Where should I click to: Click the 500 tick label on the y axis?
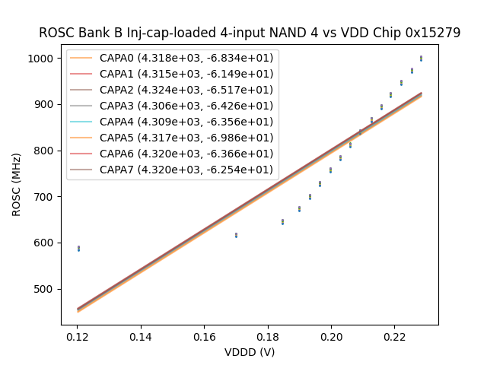coord(43,289)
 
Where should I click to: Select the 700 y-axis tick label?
coord(43,197)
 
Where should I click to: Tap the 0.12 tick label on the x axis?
coord(77,337)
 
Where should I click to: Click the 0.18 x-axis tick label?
coord(267,337)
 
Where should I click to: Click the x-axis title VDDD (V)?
coord(250,352)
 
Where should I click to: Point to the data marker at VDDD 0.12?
coord(78,248)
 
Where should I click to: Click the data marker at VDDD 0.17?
coord(236,235)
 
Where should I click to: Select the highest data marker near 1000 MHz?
coord(421,58)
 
